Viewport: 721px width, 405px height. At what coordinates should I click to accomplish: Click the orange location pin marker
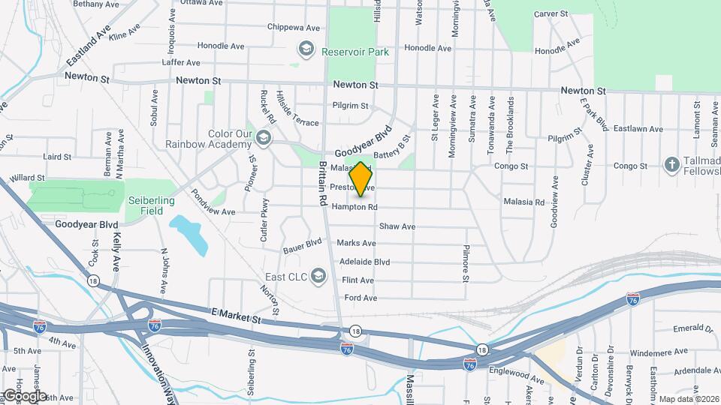coord(361,178)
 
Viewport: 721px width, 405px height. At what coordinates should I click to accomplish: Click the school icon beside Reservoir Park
coord(306,50)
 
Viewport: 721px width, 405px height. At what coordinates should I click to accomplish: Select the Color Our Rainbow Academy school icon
coord(263,137)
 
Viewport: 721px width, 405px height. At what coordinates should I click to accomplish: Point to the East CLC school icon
coord(318,277)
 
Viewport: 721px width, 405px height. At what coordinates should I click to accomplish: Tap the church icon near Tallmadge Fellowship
coord(673,164)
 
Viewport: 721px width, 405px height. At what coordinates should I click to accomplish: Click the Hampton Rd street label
coord(354,207)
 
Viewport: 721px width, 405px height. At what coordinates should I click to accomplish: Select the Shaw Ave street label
coord(397,226)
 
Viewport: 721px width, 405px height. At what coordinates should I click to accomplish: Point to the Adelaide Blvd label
coord(364,262)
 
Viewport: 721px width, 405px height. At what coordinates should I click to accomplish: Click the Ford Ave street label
coord(360,298)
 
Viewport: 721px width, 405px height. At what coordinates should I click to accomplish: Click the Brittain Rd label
coord(323,184)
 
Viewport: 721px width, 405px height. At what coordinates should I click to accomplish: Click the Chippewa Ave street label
coord(292,27)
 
